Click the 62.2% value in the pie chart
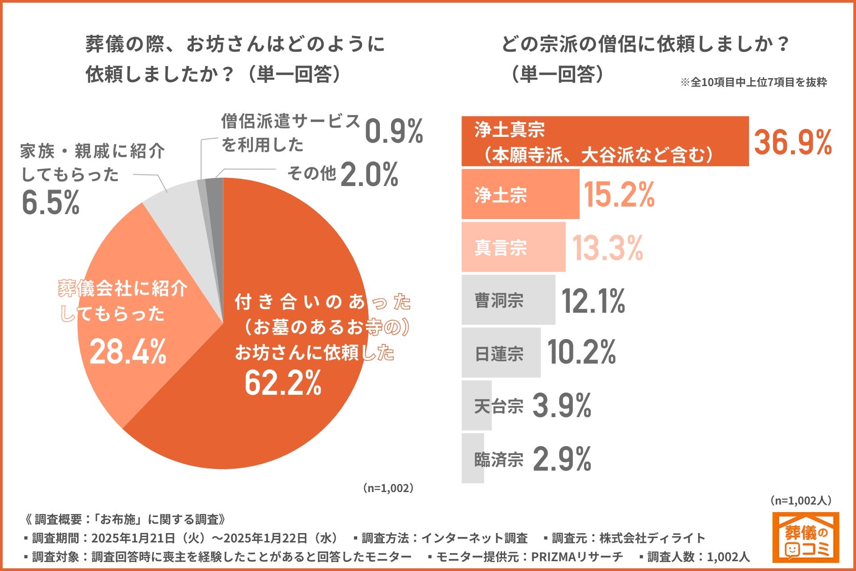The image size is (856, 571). coord(283,383)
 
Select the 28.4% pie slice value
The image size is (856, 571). coord(128,352)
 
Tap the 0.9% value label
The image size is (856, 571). coord(394,132)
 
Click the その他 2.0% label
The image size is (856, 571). coord(343,174)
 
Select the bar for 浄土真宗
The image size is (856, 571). coord(605,141)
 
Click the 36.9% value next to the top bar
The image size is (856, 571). coord(793,142)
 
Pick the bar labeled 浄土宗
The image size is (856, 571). coord(520,194)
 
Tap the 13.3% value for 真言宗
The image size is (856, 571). coord(608,248)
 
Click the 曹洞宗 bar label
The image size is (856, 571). coord(499,300)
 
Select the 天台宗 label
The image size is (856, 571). coord(498,406)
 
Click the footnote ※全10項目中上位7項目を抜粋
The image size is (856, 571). coord(753,83)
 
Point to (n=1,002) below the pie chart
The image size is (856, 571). coord(388,488)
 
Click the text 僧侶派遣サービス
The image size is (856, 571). coord(291,121)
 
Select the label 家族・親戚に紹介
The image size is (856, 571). coord(93,151)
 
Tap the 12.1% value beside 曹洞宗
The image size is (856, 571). coord(593,301)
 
